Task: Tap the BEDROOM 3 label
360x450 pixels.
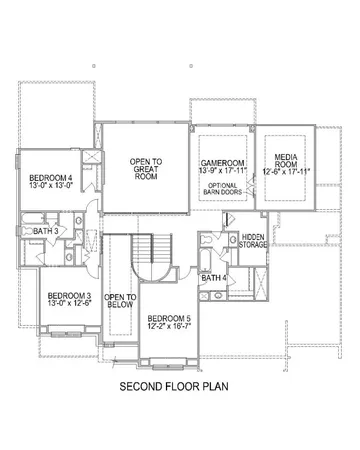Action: pos(69,296)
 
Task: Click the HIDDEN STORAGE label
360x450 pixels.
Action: pos(253,239)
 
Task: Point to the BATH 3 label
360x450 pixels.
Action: pos(45,231)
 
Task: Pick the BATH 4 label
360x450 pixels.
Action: pos(214,276)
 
